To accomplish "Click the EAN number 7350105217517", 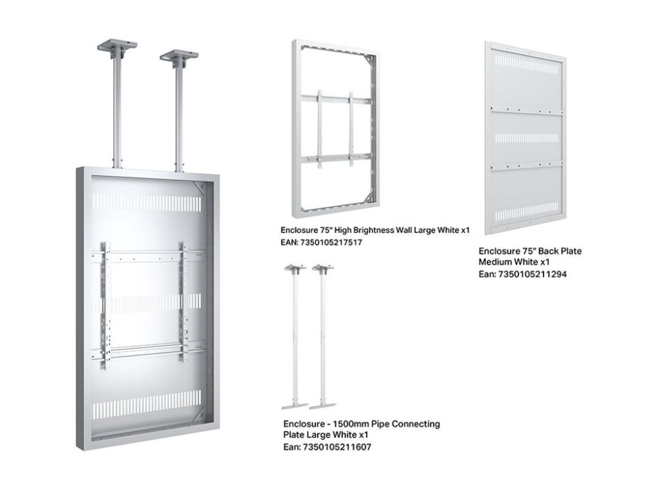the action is pyautogui.click(x=331, y=243).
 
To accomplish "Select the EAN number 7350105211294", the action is pyautogui.click(x=532, y=274).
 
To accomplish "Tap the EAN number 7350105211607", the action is pyautogui.click(x=337, y=447).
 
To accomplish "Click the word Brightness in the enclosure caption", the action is pyautogui.click(x=374, y=230).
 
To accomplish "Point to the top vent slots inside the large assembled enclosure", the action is pyautogui.click(x=147, y=202).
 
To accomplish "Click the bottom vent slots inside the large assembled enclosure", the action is pyautogui.click(x=147, y=404).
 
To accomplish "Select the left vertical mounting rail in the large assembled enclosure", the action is pyautogui.click(x=106, y=305).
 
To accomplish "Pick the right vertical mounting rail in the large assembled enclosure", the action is pyautogui.click(x=184, y=302).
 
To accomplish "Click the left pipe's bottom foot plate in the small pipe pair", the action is pyautogui.click(x=295, y=406).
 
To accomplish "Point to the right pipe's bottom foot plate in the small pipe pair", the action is pyautogui.click(x=322, y=406).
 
